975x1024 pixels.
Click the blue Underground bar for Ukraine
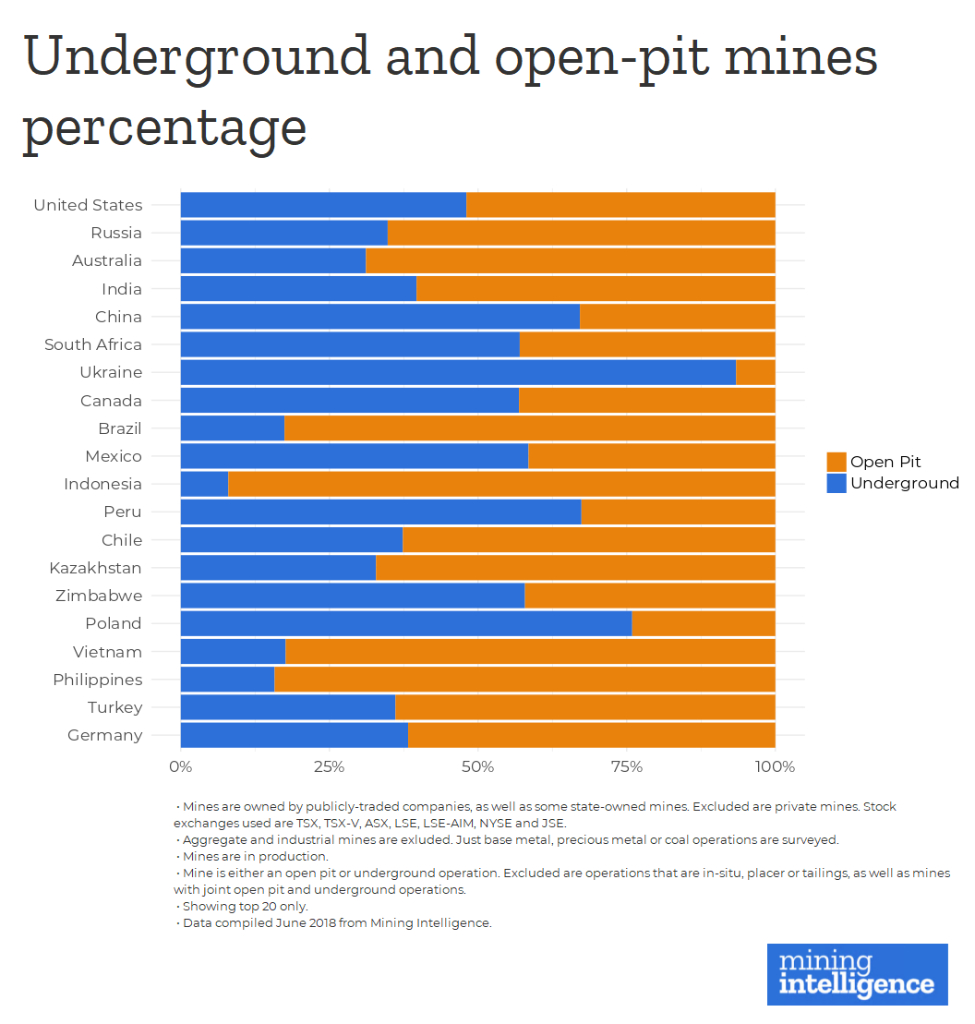(x=458, y=372)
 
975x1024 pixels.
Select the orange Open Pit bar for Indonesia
(x=501, y=484)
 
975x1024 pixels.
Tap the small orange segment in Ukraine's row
(x=755, y=372)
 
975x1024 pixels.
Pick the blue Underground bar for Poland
(x=406, y=623)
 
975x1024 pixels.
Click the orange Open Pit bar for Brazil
(x=529, y=428)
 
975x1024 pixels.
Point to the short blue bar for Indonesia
(x=204, y=484)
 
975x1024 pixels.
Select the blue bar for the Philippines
(x=227, y=680)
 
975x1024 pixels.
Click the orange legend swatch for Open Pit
(x=837, y=463)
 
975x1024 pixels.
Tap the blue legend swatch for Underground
(x=837, y=483)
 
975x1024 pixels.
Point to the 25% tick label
(x=329, y=767)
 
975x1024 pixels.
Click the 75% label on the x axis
(x=627, y=767)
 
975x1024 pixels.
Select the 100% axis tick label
(x=775, y=767)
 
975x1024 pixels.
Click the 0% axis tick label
(x=180, y=767)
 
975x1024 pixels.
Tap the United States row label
(x=88, y=205)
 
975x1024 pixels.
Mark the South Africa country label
(x=93, y=344)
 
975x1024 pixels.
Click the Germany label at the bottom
(x=105, y=735)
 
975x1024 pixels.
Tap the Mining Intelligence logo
(x=857, y=974)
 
